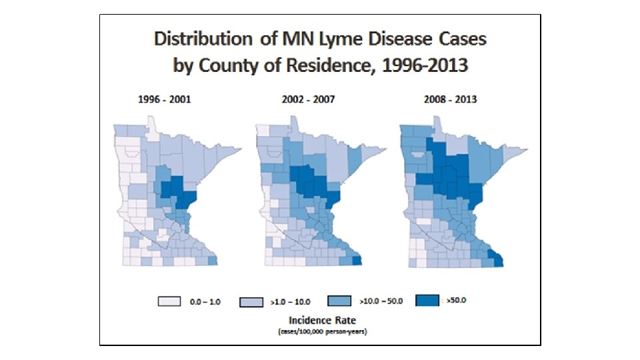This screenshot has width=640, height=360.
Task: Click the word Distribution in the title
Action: click(x=201, y=39)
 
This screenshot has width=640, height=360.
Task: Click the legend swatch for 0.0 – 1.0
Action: click(x=169, y=301)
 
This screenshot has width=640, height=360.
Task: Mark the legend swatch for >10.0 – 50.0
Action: click(x=341, y=301)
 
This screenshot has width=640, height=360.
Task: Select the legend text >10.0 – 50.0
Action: click(x=381, y=301)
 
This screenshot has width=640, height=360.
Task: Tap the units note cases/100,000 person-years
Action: click(x=319, y=331)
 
